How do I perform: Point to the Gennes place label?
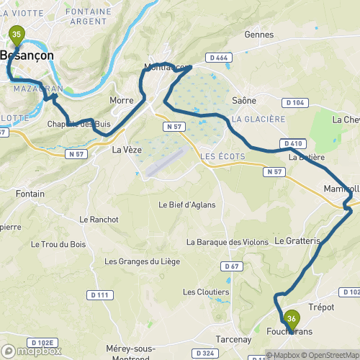click(259, 34)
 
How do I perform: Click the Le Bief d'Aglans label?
click(186, 204)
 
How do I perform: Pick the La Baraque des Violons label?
click(222, 241)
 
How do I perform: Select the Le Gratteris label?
click(297, 240)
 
